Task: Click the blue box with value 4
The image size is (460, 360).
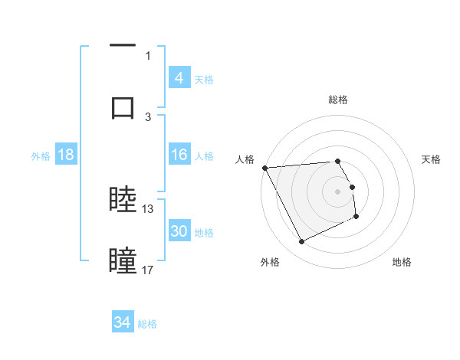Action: click(179, 78)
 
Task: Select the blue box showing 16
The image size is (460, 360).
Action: click(179, 155)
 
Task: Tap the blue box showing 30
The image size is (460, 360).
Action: click(179, 231)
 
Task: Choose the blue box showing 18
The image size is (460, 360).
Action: click(65, 155)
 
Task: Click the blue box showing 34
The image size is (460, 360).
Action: click(122, 323)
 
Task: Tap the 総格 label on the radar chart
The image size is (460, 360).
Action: click(338, 100)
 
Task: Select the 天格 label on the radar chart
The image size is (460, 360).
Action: click(432, 159)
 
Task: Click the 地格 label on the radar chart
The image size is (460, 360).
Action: click(402, 263)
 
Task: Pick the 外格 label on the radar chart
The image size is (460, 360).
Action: click(270, 263)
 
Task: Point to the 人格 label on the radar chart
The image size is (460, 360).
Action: click(245, 159)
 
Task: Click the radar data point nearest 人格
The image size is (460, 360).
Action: click(264, 168)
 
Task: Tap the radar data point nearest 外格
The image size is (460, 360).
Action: click(301, 242)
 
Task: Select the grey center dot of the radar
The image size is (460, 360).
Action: click(338, 191)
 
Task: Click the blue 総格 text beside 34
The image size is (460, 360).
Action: click(147, 324)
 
